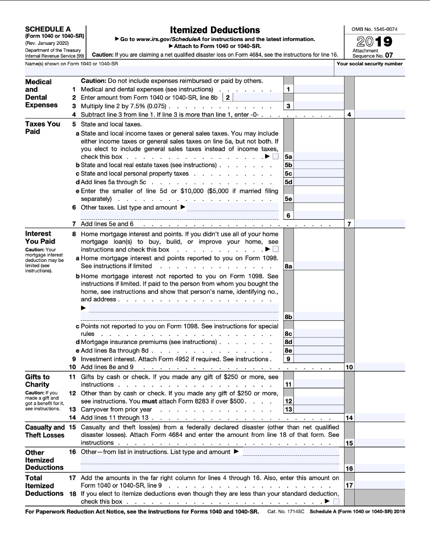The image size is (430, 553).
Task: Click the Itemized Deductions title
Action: tap(215, 30)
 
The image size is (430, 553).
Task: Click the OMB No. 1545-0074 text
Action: tap(374, 29)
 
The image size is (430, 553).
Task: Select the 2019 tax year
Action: tap(374, 42)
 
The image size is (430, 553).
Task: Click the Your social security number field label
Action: tap(369, 64)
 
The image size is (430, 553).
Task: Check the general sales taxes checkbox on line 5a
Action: tap(276, 157)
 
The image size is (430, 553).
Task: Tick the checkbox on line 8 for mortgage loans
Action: tap(276, 249)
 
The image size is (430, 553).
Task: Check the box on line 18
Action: tap(336, 502)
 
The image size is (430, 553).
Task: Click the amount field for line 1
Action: tap(319, 89)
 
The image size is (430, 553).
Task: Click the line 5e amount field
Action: tap(319, 199)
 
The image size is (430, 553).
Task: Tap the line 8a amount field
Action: tap(319, 266)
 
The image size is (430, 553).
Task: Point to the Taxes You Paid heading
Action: tap(43, 127)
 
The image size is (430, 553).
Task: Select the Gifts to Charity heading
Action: tap(37, 380)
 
